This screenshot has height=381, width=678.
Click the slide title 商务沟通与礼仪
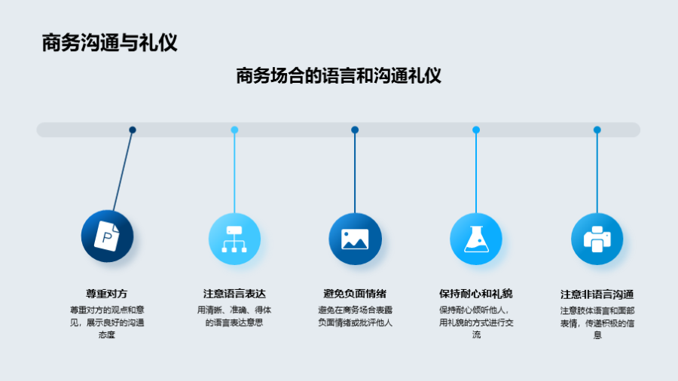(x=109, y=42)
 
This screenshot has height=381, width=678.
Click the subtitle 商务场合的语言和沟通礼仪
(x=338, y=76)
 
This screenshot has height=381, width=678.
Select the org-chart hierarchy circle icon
(x=234, y=239)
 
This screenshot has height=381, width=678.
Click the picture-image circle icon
(x=355, y=239)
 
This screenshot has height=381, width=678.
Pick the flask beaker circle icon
(x=475, y=239)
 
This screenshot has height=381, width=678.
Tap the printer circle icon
(x=597, y=239)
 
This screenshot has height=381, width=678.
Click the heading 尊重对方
(x=106, y=294)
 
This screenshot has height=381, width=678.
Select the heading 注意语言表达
(x=234, y=294)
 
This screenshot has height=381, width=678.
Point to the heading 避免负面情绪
(x=355, y=294)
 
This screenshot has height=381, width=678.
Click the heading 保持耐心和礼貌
(x=475, y=294)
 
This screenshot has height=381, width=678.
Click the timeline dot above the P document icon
(x=133, y=130)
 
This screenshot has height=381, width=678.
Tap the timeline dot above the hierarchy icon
(x=234, y=130)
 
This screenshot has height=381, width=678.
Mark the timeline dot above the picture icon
(x=355, y=130)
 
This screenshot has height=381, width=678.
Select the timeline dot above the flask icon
(x=476, y=130)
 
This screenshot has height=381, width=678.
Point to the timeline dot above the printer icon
(x=597, y=130)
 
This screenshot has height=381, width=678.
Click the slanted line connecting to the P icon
(x=124, y=169)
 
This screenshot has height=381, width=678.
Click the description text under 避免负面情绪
(x=355, y=316)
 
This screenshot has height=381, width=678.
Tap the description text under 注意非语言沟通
(x=597, y=322)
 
